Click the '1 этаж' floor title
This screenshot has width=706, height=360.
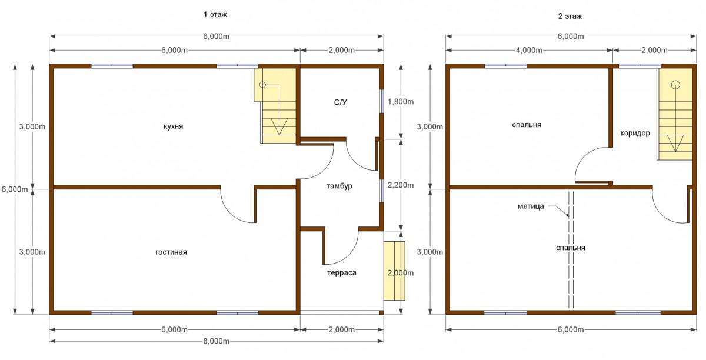(x=215, y=15)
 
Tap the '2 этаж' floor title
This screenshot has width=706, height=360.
(x=570, y=16)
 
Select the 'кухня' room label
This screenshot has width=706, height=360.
(x=174, y=126)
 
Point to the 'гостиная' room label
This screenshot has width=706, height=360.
(x=171, y=252)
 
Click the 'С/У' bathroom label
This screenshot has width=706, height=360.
(x=341, y=102)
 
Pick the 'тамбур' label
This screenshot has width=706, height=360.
(x=339, y=186)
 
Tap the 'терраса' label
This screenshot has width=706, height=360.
(x=342, y=273)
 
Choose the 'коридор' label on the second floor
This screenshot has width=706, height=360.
(x=635, y=133)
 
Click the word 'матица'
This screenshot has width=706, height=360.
(x=531, y=206)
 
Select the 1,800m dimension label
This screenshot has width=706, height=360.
(x=401, y=102)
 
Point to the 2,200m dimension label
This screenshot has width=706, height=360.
(x=401, y=185)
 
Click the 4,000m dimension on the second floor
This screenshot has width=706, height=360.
(x=529, y=50)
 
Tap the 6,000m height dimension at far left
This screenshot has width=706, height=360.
(x=15, y=189)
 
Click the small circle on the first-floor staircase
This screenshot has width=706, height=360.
(x=262, y=85)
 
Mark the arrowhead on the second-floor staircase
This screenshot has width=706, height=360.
(x=675, y=144)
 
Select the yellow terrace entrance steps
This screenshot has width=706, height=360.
(x=394, y=271)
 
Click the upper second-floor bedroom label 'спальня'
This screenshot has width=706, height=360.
(x=527, y=125)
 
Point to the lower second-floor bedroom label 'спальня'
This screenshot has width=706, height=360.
(x=571, y=248)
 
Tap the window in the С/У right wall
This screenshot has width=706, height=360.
(x=382, y=101)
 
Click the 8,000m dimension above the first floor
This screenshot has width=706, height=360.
(x=217, y=36)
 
